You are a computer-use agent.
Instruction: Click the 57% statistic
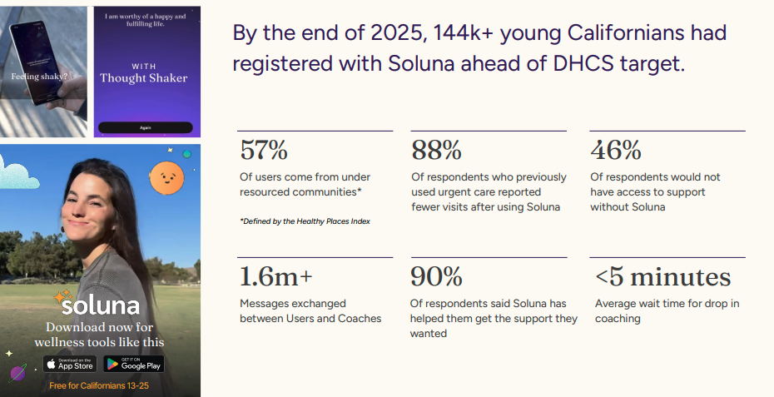click(x=264, y=150)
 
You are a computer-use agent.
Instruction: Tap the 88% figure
click(x=436, y=150)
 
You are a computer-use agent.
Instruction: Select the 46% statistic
click(x=616, y=150)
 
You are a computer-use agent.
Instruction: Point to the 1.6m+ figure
click(x=276, y=276)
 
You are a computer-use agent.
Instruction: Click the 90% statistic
click(x=436, y=276)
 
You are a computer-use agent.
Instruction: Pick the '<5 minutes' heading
click(x=663, y=276)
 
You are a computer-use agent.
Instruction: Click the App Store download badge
click(x=70, y=365)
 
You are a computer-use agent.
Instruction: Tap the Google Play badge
click(x=134, y=365)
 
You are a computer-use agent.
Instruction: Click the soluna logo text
click(x=101, y=305)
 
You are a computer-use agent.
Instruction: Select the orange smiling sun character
click(x=166, y=178)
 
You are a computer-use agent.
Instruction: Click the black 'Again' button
click(x=145, y=127)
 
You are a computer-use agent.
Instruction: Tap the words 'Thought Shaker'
click(x=144, y=78)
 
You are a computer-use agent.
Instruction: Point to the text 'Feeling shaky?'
click(x=39, y=77)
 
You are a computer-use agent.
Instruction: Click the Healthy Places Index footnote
click(x=305, y=221)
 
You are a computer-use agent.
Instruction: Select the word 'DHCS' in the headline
click(x=583, y=63)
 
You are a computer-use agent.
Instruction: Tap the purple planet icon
click(x=17, y=374)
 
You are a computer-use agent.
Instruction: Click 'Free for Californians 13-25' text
click(x=99, y=385)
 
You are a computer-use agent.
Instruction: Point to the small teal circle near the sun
click(x=187, y=154)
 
